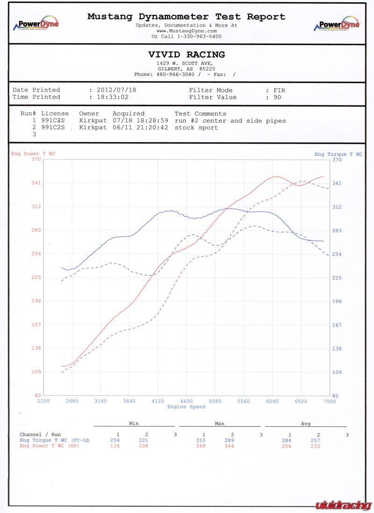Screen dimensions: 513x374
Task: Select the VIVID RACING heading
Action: [187, 55]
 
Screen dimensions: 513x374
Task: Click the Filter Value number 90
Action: [278, 97]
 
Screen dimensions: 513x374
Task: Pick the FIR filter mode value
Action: [279, 90]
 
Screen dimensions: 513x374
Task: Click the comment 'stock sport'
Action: [196, 127]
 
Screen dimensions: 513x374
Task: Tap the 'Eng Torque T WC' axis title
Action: [338, 154]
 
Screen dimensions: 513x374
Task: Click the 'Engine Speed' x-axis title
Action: [187, 407]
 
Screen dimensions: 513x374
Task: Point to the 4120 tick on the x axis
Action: [158, 401]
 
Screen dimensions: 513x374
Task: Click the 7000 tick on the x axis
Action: [329, 401]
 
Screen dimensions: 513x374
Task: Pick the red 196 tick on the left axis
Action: [36, 301]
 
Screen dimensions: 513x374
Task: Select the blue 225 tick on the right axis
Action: [337, 278]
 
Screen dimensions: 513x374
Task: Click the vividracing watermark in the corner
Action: [343, 505]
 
